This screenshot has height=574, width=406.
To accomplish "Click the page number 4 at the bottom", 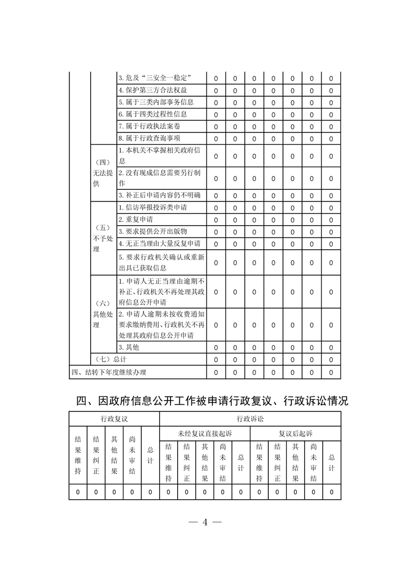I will pos(204,522).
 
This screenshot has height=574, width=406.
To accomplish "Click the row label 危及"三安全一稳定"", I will pos(155,78).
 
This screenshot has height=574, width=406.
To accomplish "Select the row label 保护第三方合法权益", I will pos(149,91).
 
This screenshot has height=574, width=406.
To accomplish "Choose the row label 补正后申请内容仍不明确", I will pos(159,195).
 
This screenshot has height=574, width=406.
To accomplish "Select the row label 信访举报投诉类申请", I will pos(152,208).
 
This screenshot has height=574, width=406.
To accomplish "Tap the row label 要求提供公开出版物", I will pos(152,231).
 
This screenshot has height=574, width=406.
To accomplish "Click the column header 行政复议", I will pos(114,419).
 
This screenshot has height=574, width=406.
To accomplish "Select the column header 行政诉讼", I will pos(250,419).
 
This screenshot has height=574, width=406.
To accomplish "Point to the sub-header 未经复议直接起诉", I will pos(205,433).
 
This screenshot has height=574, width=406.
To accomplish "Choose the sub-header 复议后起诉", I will pos(295,433).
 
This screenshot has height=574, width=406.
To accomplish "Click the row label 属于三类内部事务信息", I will pos(156,102).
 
